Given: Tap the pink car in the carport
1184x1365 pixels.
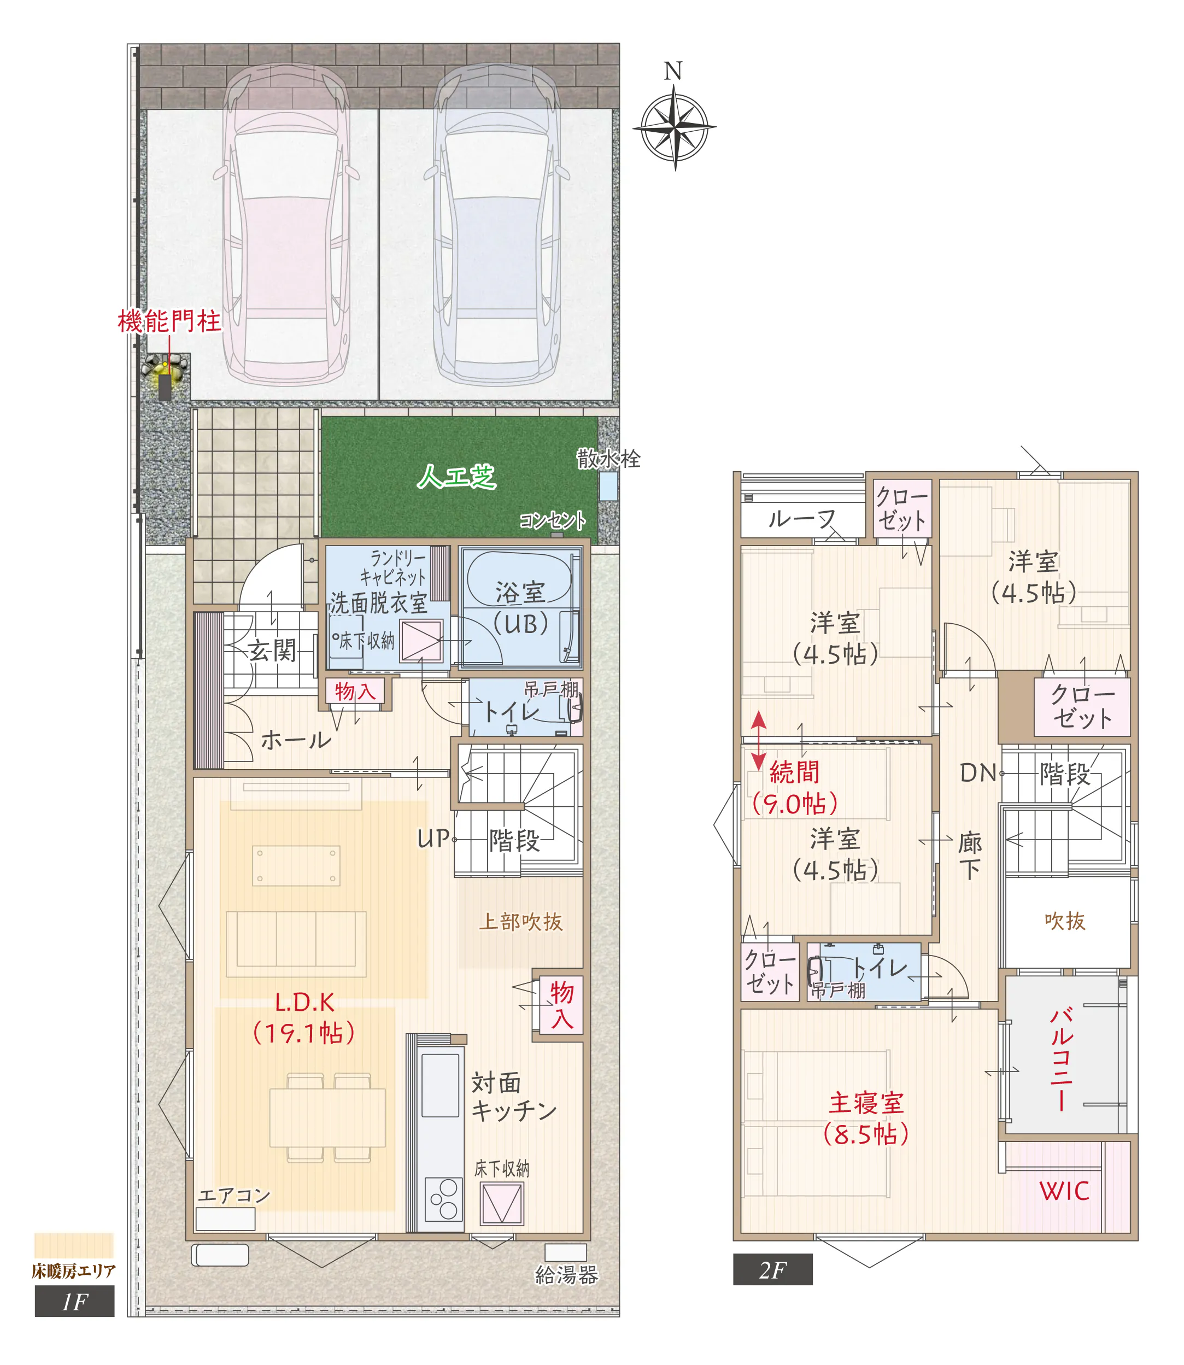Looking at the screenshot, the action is click(286, 225).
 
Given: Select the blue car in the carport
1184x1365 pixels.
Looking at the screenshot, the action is click(497, 225).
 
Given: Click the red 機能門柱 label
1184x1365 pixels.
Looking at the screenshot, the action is click(169, 322).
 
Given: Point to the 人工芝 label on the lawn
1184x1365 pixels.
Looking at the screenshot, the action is click(456, 476).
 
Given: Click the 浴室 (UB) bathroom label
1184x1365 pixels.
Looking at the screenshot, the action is click(520, 608).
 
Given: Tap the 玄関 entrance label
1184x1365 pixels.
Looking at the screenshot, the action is click(272, 650).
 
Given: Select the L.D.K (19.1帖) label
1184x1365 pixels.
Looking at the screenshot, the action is click(304, 1018).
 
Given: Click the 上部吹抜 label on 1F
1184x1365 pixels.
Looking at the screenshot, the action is click(520, 922).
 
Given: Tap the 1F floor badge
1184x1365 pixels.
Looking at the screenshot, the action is click(75, 1301).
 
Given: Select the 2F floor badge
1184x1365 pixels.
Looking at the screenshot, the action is click(772, 1270).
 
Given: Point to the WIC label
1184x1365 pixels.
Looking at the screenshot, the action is click(1064, 1191).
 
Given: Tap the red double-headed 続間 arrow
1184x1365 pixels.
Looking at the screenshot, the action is click(759, 741).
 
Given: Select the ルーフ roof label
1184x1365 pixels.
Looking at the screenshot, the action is click(801, 519).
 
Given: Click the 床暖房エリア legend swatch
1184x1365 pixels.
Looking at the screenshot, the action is click(74, 1245).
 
